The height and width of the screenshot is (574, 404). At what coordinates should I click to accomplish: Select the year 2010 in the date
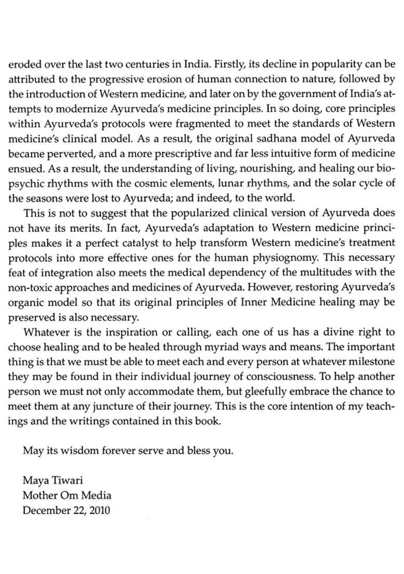(99, 510)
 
